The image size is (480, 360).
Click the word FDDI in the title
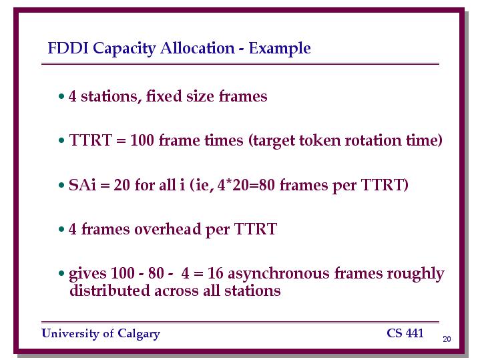[67, 48]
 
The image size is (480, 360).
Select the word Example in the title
[280, 49]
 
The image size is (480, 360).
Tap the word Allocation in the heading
[197, 48]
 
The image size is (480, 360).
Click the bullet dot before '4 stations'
[61, 96]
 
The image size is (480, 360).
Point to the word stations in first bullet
[109, 96]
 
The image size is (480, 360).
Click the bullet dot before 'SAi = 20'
[61, 185]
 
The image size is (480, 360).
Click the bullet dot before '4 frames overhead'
[61, 229]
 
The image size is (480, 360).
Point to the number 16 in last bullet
[215, 273]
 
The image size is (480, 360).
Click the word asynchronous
[278, 274]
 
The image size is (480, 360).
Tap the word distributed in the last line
[109, 291]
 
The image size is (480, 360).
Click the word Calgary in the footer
[139, 334]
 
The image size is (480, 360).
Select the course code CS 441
[405, 333]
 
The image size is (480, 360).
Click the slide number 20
[447, 339]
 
